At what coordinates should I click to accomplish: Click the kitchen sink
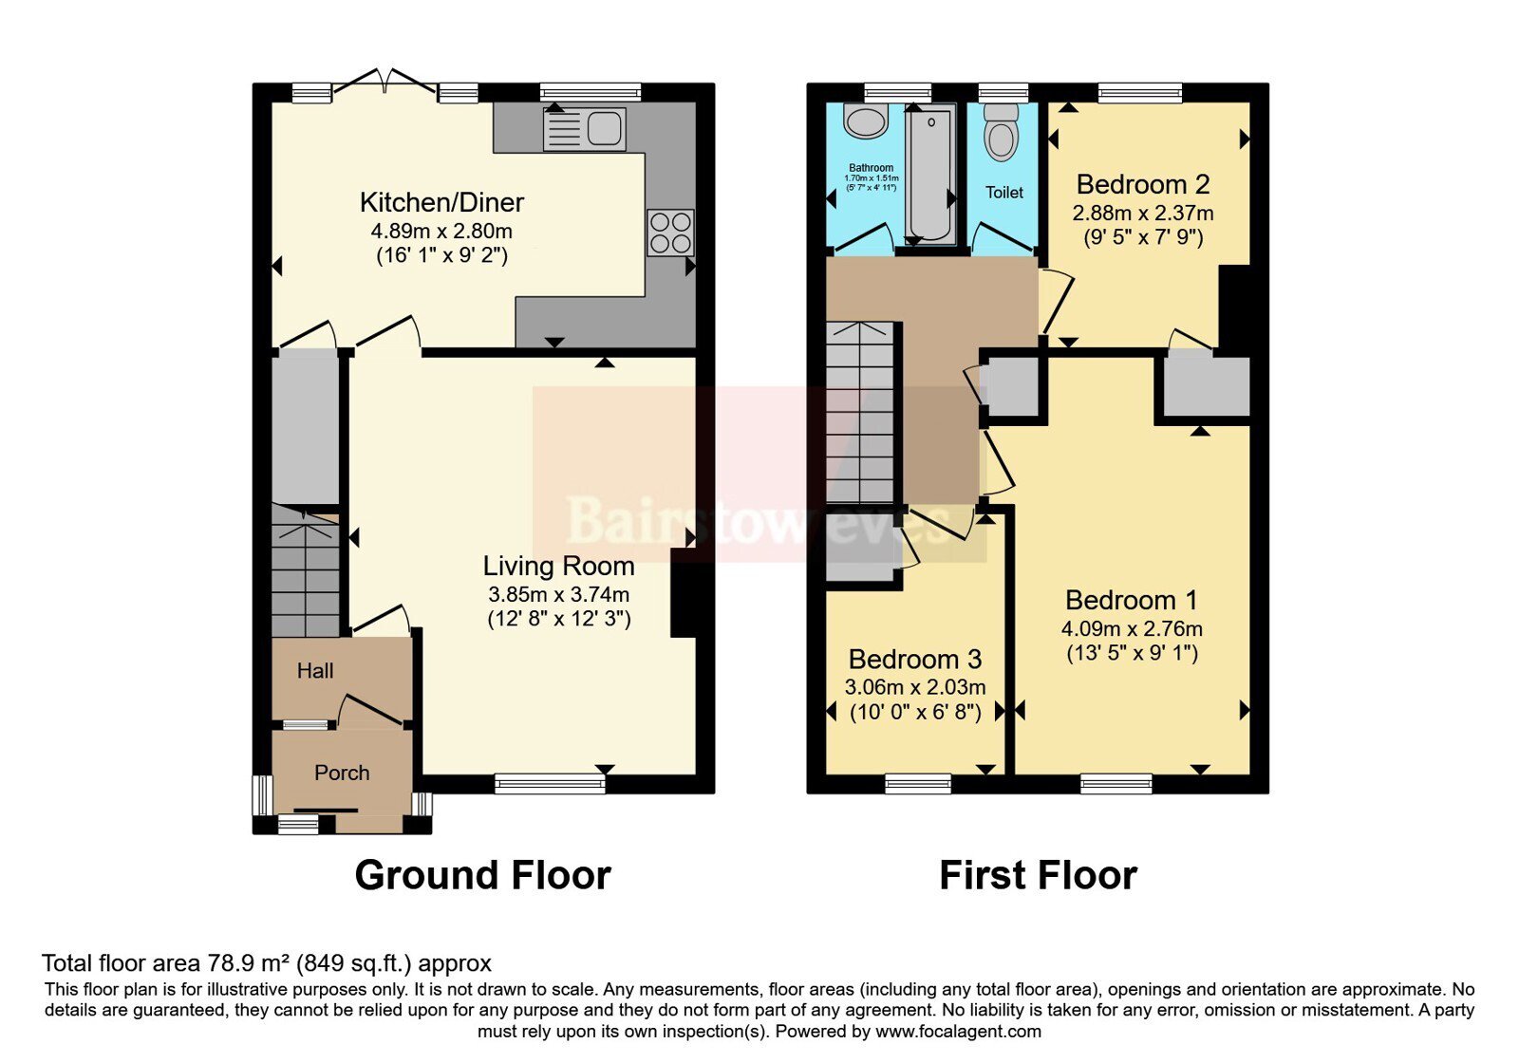(584, 129)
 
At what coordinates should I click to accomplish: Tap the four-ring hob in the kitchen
(670, 233)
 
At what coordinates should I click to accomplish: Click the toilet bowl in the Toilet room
(1002, 132)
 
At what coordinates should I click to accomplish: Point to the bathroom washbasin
(866, 120)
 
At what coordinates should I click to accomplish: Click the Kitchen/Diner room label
(441, 202)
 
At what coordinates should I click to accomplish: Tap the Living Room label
(559, 566)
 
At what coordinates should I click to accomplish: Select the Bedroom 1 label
(1131, 600)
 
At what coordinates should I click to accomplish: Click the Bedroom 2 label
(1143, 184)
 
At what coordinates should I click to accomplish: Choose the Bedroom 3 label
(915, 659)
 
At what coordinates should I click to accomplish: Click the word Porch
(342, 773)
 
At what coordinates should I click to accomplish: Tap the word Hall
(315, 670)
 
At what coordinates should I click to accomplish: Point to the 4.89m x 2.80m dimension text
(441, 232)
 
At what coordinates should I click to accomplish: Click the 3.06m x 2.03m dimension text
(915, 687)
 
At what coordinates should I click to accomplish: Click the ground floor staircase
(305, 570)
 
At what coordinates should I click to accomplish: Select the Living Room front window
(550, 784)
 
